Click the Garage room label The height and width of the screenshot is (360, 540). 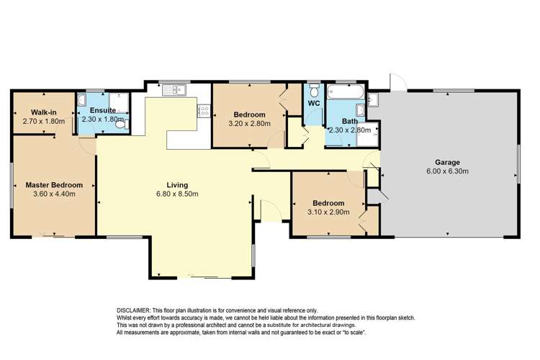tap(447, 162)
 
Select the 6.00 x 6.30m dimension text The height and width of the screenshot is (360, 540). tap(447, 171)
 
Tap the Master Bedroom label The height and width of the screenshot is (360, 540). tap(54, 185)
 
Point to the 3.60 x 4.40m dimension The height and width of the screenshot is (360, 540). tap(54, 194)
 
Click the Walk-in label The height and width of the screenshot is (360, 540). tap(44, 112)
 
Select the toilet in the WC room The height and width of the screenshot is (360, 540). tap(313, 91)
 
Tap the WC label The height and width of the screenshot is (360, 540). tap(313, 104)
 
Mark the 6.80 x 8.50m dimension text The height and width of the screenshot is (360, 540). tap(177, 194)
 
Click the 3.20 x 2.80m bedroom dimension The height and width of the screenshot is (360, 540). tap(248, 124)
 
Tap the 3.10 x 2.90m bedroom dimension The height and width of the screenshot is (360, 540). tap(328, 212)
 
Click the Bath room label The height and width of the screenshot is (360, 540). tap(349, 121)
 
